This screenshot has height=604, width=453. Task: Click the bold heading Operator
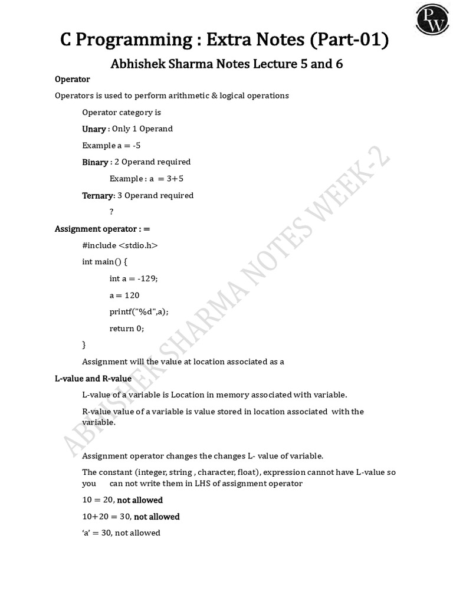click(x=72, y=79)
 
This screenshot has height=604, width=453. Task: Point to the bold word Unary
click(x=94, y=129)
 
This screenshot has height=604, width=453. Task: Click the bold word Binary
click(x=95, y=162)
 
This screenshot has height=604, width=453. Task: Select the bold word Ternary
click(x=97, y=195)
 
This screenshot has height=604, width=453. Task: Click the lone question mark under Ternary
click(x=111, y=212)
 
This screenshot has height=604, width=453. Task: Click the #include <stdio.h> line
click(x=120, y=245)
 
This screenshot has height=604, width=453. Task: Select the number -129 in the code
click(x=148, y=278)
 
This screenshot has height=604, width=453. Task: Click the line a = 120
click(x=124, y=295)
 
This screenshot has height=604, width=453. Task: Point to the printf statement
click(x=143, y=311)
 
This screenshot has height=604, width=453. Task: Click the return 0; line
click(x=127, y=328)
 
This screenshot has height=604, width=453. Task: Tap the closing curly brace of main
click(x=84, y=344)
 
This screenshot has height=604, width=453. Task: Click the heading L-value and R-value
click(x=93, y=378)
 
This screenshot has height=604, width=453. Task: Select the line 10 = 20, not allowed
click(x=122, y=500)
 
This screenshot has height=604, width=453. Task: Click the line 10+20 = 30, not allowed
click(x=131, y=516)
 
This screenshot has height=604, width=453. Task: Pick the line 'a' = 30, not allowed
click(x=121, y=533)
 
